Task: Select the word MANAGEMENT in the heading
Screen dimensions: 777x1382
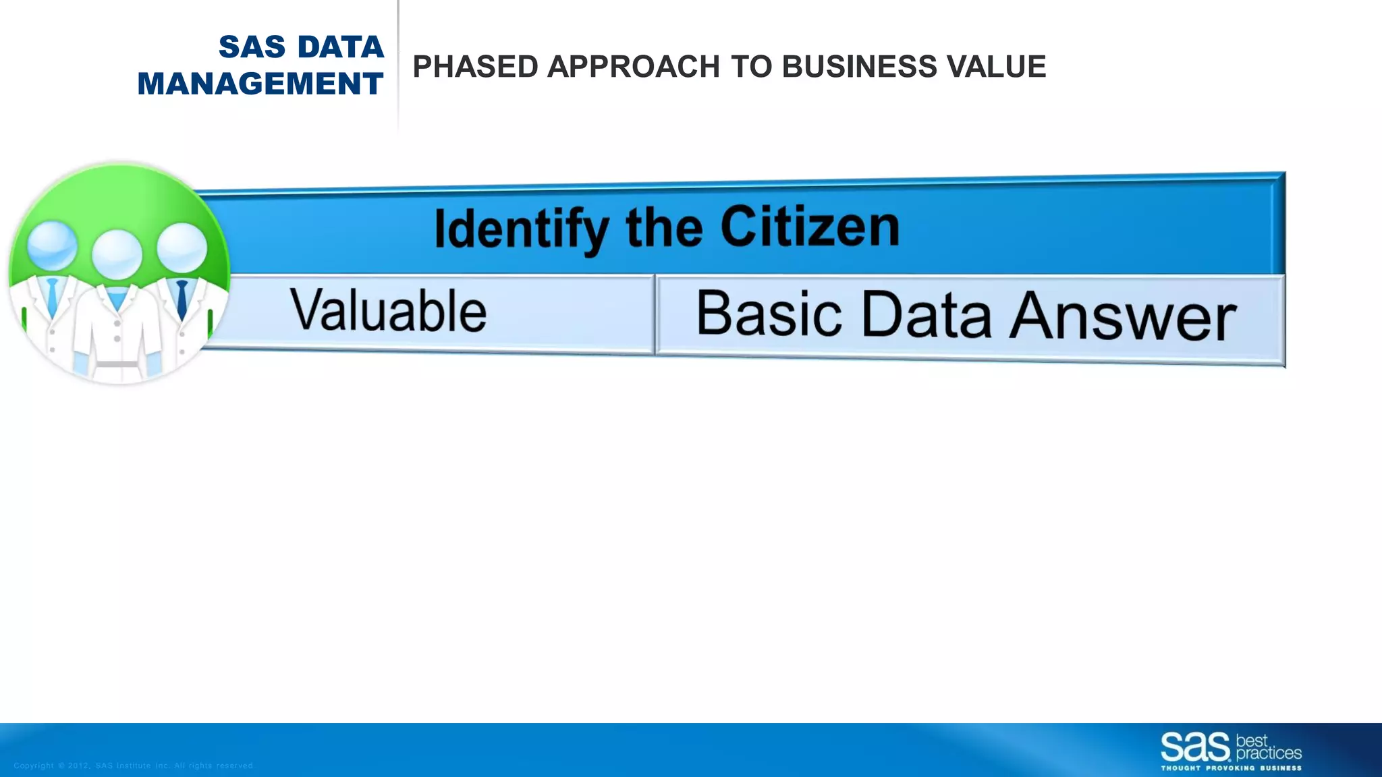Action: [260, 84]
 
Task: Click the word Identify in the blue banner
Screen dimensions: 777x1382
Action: [521, 229]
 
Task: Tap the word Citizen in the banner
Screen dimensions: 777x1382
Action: [810, 227]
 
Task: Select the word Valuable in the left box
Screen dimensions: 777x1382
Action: [388, 311]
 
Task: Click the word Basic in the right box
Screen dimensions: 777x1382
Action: [769, 313]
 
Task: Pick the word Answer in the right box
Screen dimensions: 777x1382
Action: [1123, 316]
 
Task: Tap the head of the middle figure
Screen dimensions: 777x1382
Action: [117, 254]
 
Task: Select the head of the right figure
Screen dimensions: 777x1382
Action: [182, 247]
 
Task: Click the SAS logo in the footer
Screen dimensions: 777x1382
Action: [1195, 747]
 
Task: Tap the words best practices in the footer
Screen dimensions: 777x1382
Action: [1268, 747]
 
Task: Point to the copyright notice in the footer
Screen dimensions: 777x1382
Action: [134, 766]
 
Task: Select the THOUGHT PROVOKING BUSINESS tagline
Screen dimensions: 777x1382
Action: [1231, 768]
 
